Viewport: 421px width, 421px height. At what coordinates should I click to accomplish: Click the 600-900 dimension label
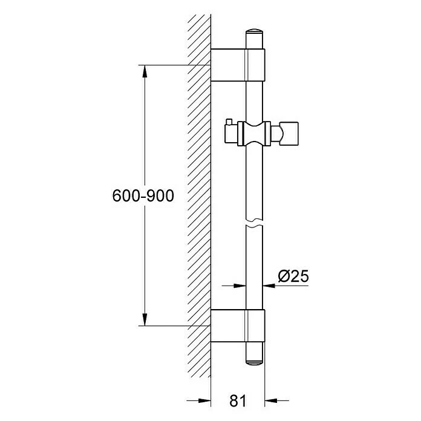(x=143, y=196)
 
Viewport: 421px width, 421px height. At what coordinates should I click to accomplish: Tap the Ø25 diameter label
(x=293, y=276)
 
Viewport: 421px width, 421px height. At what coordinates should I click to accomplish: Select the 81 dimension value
(x=238, y=401)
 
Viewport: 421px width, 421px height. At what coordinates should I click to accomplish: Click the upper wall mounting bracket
(x=238, y=65)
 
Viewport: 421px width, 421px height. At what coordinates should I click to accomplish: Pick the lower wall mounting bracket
(x=238, y=325)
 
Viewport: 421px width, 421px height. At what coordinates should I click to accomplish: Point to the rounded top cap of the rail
(x=254, y=31)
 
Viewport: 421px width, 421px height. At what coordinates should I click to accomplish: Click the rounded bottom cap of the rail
(x=254, y=362)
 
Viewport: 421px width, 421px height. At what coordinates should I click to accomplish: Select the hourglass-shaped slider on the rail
(x=254, y=134)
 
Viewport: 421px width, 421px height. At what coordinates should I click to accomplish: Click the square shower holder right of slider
(x=289, y=134)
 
